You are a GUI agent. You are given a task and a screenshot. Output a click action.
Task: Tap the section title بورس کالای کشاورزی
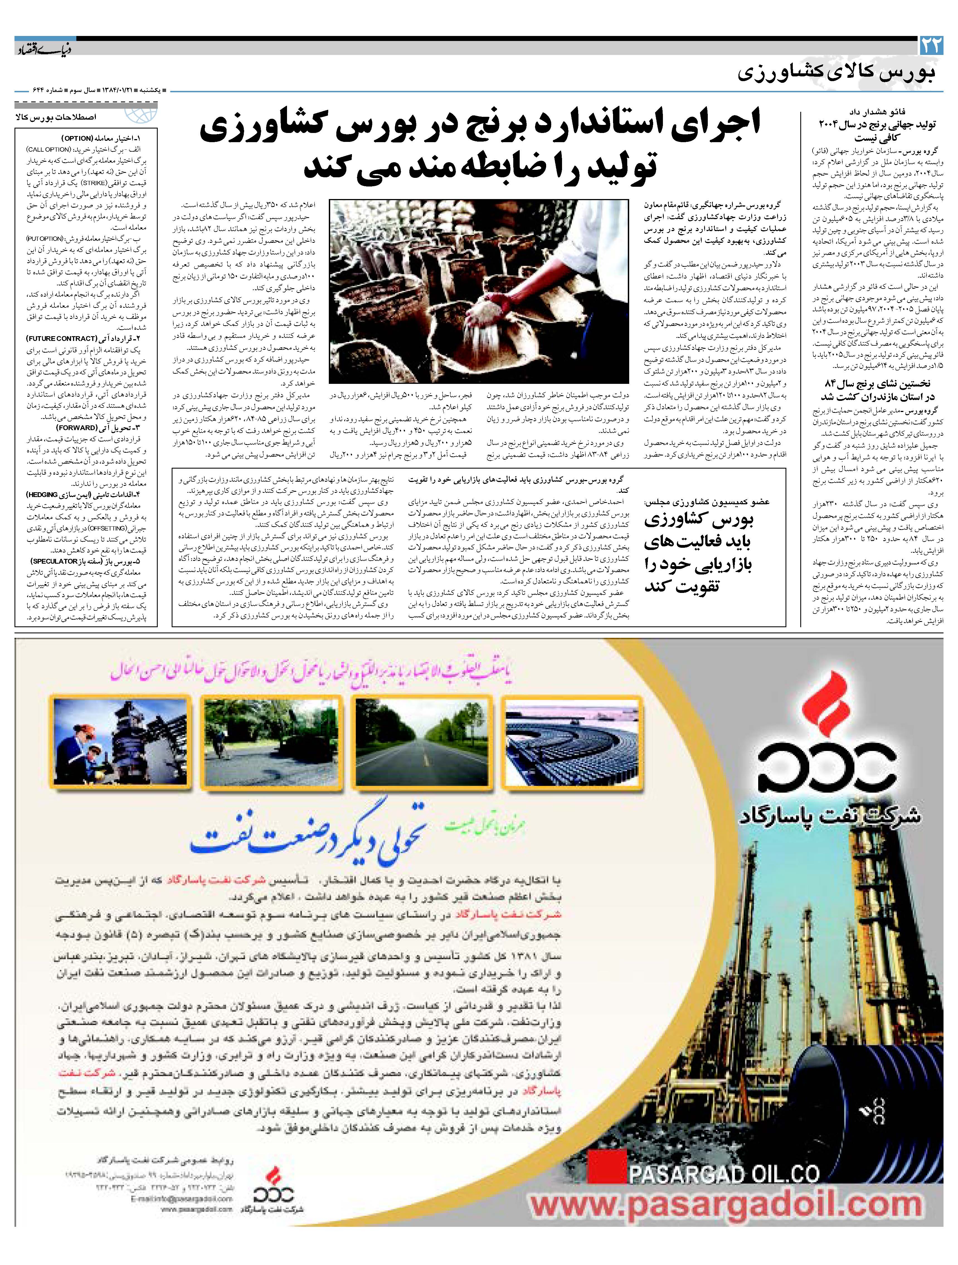[837, 73]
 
